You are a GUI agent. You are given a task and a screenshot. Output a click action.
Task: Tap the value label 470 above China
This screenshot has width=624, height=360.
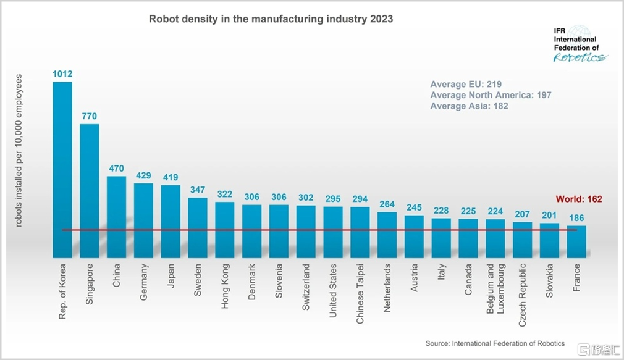tap(116, 168)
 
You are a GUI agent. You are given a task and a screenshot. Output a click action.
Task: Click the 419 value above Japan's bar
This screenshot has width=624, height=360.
tap(171, 177)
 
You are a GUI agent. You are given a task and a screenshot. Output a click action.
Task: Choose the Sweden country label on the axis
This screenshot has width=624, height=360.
tap(198, 280)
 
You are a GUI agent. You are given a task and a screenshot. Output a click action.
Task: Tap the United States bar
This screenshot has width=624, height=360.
tap(333, 232)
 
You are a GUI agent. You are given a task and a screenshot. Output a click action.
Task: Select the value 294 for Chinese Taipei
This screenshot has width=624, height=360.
tap(360, 199)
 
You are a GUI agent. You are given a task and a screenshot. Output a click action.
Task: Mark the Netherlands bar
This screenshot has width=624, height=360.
tap(387, 235)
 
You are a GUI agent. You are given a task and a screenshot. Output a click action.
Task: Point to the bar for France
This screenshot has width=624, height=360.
tap(576, 241)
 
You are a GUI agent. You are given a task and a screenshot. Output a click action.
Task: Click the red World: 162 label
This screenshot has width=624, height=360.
tap(578, 199)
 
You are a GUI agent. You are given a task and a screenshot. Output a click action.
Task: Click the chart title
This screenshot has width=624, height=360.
tap(271, 19)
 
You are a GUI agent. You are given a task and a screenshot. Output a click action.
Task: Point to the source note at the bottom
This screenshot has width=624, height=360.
tap(495, 343)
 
